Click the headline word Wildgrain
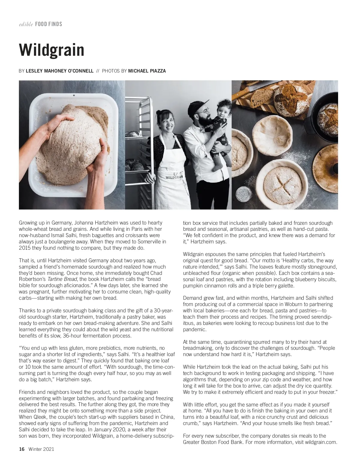pos(52,50)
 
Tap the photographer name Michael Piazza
pos(147,71)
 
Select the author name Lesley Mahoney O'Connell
pos(60,71)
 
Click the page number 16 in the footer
pos(22,449)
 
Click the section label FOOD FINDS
pos(49,24)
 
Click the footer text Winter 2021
pos(41,449)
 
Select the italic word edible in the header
pos(26,24)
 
